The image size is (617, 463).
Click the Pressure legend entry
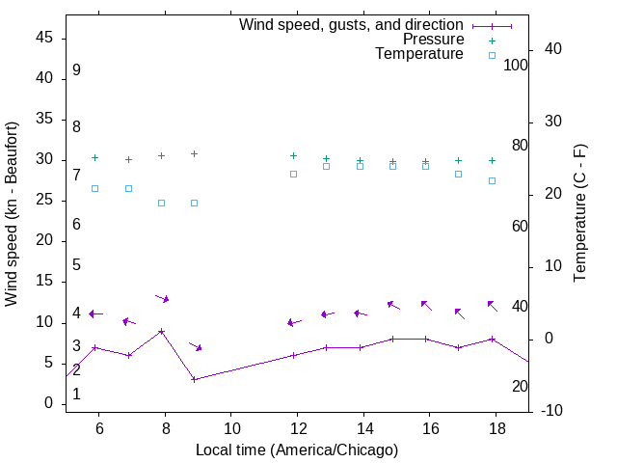coord(433,40)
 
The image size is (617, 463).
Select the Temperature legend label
coord(418,54)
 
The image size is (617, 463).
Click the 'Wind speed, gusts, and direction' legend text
coord(351,25)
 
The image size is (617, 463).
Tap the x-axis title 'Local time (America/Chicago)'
coord(296,449)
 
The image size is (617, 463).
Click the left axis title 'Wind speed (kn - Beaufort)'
coord(12,214)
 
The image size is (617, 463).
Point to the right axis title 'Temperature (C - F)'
coord(579,214)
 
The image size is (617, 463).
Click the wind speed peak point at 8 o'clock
coord(162,331)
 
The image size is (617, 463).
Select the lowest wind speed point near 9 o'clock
coord(195,379)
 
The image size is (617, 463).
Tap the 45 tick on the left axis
coord(44,38)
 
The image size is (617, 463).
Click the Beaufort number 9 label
coord(76,70)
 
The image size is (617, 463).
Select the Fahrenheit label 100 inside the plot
coord(516,65)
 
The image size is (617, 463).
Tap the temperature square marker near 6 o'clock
coord(94,188)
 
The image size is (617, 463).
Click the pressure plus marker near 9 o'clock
coord(195,153)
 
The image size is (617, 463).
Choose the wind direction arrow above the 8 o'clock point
coord(162,298)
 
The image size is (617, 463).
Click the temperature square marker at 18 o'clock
coord(492,180)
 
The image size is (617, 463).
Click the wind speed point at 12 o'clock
coord(294,355)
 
